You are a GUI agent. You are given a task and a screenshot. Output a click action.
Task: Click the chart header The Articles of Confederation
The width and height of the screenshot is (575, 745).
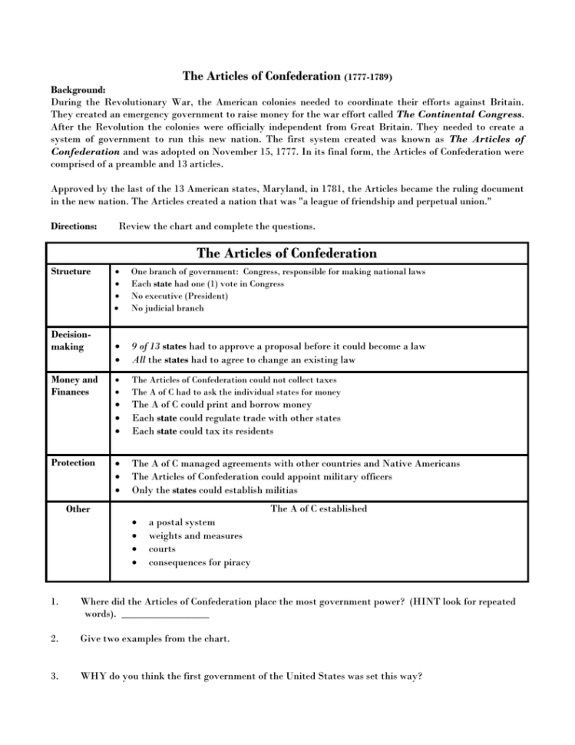pyautogui.click(x=286, y=253)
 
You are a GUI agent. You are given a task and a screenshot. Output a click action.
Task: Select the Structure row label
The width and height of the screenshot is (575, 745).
pyautogui.click(x=70, y=272)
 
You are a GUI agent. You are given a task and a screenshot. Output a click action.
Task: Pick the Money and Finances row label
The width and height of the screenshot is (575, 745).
pyautogui.click(x=74, y=386)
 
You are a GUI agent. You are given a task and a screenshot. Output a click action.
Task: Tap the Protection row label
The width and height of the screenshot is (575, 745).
pyautogui.click(x=73, y=463)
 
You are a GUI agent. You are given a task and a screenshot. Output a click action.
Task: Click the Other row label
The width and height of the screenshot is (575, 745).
pyautogui.click(x=78, y=508)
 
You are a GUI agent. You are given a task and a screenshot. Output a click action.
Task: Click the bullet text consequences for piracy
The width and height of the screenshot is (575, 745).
pyautogui.click(x=199, y=562)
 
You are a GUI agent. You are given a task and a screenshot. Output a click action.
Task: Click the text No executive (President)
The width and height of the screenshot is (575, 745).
pyautogui.click(x=180, y=296)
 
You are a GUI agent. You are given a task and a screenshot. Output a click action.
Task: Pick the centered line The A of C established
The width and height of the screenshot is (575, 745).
pyautogui.click(x=319, y=508)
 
